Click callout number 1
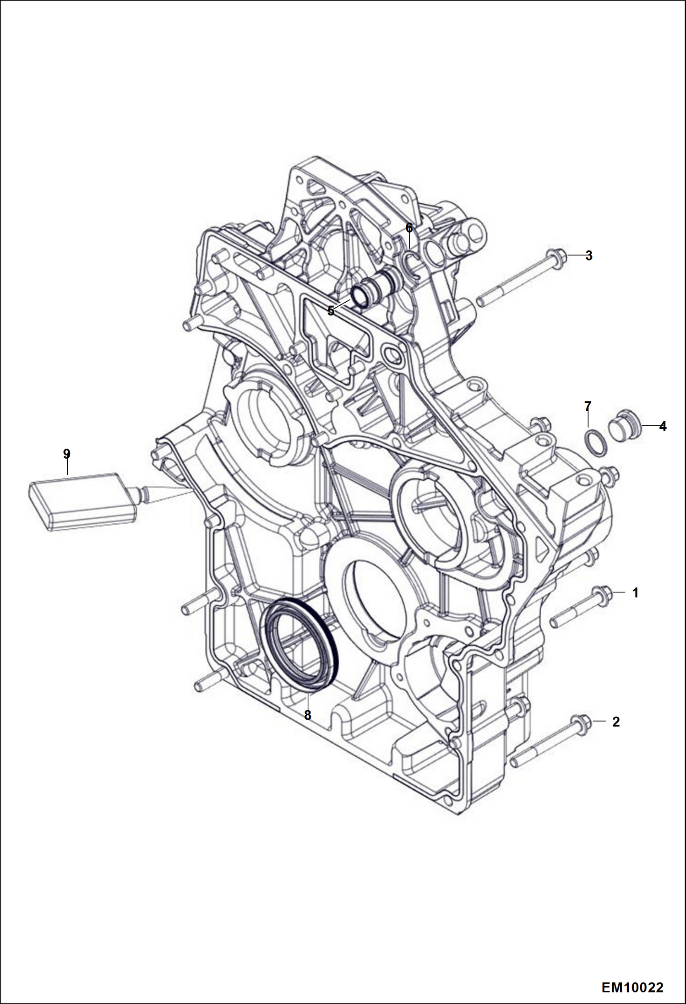click(635, 593)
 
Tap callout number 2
click(616, 722)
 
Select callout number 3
click(589, 255)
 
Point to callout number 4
click(663, 426)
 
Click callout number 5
click(331, 311)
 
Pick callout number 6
click(409, 228)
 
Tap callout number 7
click(588, 406)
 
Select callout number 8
click(307, 715)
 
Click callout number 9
click(67, 454)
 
